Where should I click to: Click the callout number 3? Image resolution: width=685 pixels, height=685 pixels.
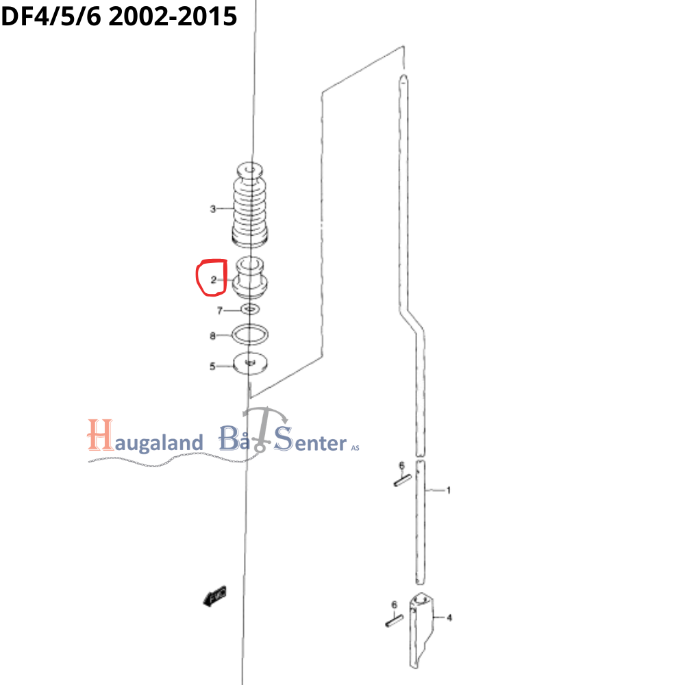coord(213,209)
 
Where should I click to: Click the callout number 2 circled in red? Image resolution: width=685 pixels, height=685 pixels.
coord(214,279)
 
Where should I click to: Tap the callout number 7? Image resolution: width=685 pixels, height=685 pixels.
coord(220,310)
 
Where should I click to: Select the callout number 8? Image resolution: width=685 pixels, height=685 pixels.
coord(212,336)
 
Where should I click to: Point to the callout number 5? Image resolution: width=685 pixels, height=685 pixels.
coord(212,366)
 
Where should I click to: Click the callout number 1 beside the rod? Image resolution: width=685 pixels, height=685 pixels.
coord(449,490)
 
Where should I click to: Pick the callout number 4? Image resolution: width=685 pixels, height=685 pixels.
coord(449,618)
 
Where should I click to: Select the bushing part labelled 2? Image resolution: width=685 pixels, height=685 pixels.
coord(251,278)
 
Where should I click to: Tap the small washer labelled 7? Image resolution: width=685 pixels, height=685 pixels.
coord(251,310)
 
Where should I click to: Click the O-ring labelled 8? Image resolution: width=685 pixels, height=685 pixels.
coord(250,334)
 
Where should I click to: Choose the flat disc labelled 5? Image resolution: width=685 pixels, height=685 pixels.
coord(250,363)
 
